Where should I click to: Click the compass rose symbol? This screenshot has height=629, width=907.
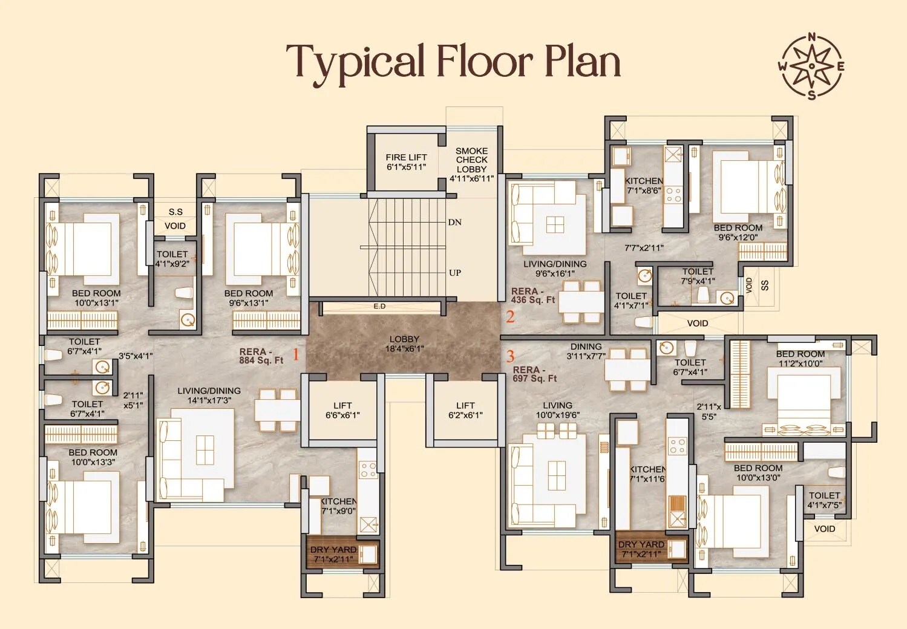tap(811, 66)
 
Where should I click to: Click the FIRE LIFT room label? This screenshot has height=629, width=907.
tap(406, 162)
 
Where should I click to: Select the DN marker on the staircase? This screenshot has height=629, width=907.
tap(455, 222)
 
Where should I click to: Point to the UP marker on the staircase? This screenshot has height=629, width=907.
tap(455, 273)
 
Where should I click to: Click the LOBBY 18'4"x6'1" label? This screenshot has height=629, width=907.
tap(404, 344)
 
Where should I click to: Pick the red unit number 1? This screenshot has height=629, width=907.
tap(296, 354)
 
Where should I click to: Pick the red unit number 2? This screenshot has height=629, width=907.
tap(510, 317)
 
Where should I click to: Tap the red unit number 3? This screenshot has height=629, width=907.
tap(510, 356)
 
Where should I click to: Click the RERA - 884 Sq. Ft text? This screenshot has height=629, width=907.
tap(261, 356)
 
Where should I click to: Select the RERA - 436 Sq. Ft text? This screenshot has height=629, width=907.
tap(532, 295)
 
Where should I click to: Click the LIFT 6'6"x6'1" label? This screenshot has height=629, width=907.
tap(342, 410)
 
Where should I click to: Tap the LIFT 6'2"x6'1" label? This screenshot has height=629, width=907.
tap(465, 410)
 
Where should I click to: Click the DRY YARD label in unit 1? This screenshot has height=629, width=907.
tap(333, 553)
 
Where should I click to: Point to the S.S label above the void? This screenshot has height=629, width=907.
tap(175, 212)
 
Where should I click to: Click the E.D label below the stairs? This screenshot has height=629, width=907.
tap(379, 307)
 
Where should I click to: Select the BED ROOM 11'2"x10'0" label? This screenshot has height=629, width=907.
tap(800, 359)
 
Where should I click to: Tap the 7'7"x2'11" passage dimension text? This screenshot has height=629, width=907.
tap(644, 247)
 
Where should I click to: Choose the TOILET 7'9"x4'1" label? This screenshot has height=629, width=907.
tap(698, 276)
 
